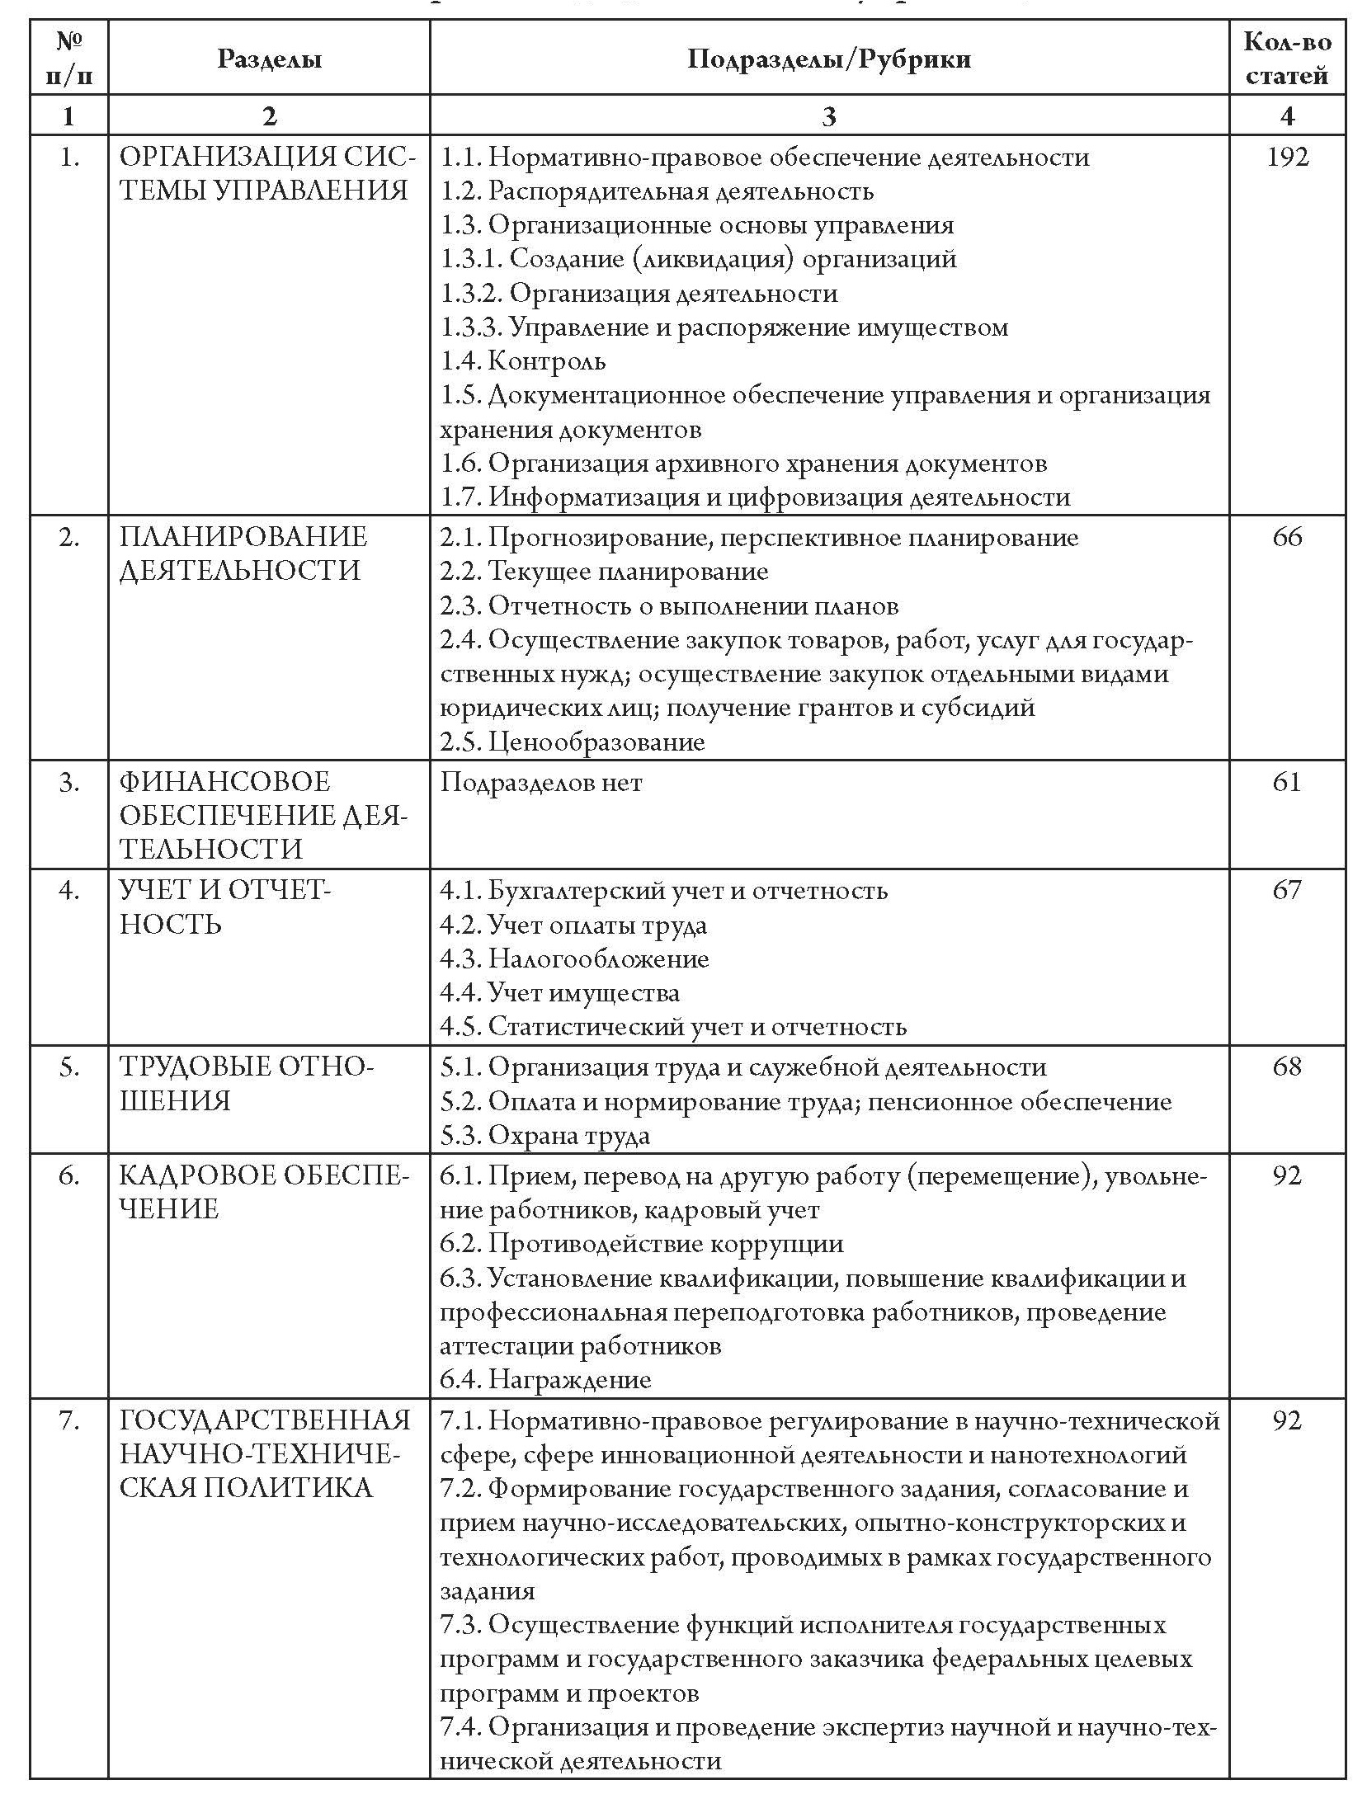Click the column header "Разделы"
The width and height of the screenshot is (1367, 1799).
pos(269,59)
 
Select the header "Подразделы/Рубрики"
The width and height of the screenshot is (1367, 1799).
pos(829,59)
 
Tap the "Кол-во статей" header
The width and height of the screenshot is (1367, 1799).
pos(1286,59)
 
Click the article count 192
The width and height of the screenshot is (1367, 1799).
pos(1287,157)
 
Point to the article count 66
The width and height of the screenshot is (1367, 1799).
pos(1287,537)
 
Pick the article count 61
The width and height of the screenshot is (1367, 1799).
pos(1287,781)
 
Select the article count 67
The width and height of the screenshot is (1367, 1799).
pos(1287,890)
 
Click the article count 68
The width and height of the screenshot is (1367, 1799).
pos(1287,1067)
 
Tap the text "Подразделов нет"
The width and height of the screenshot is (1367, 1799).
pos(541,782)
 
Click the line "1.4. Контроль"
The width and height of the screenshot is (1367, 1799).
pos(523,360)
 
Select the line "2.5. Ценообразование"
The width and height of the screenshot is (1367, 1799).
pos(573,742)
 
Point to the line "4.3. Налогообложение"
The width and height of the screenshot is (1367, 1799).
pos(574,958)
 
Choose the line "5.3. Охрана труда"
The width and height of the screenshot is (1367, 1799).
pos(545,1136)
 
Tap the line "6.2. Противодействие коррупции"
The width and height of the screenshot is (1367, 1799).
pos(642,1244)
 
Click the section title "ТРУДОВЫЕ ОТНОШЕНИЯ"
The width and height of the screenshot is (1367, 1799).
pos(247,1084)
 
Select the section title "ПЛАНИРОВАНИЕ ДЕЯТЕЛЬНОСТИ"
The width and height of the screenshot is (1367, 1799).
pos(243,553)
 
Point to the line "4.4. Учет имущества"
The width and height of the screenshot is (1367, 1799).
pos(560,992)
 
